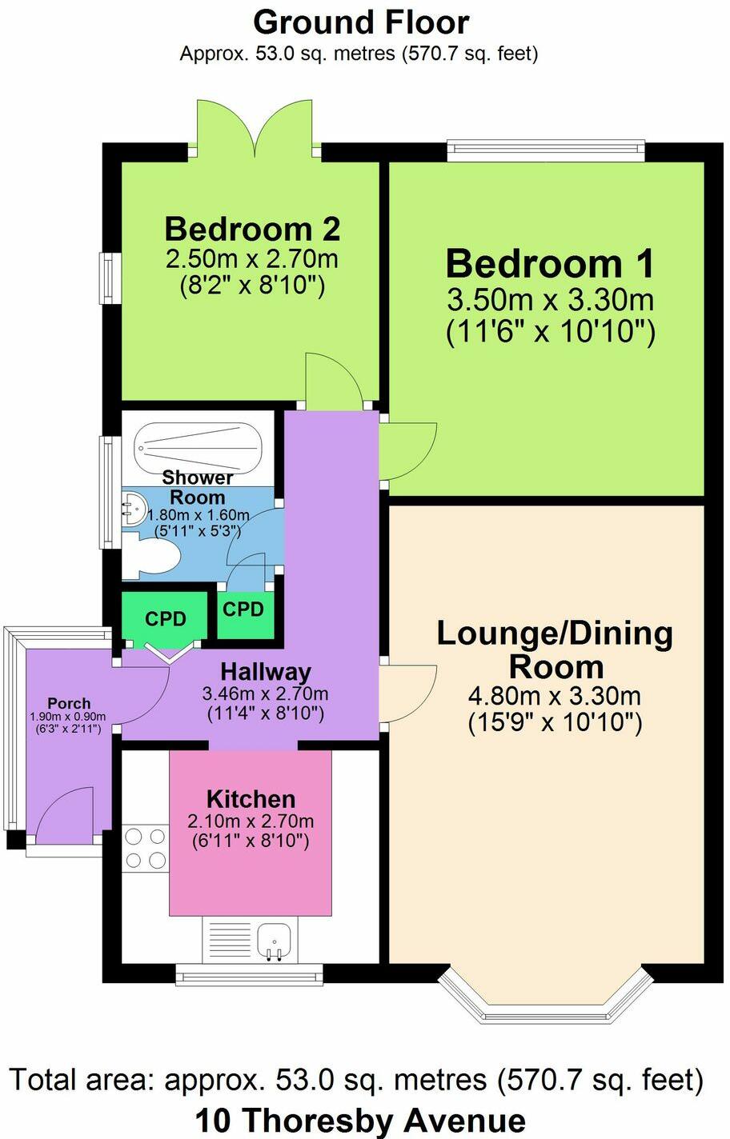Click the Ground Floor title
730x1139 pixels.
[x=360, y=22]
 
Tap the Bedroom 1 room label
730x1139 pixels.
[x=550, y=264]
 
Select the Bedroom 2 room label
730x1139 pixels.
[x=252, y=229]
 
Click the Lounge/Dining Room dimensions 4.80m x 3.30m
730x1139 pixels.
[x=554, y=696]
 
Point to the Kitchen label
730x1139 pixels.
[x=251, y=798]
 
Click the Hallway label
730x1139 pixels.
[x=265, y=671]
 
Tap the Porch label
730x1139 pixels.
[x=69, y=704]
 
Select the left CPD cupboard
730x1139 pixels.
[x=165, y=618]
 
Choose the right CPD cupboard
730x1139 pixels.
[x=243, y=610]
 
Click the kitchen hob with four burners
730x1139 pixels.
[x=145, y=849]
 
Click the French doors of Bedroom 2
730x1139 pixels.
[x=255, y=128]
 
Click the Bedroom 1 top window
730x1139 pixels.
[x=545, y=149]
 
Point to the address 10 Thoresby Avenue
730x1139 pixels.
[x=360, y=1121]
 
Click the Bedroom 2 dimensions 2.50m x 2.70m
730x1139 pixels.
[x=252, y=259]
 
